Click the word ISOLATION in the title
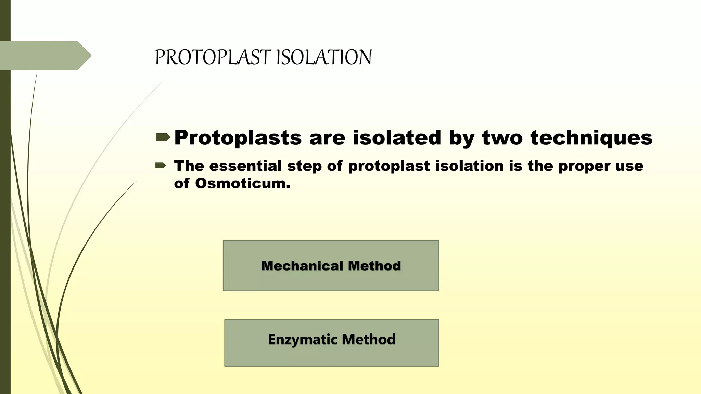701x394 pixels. (x=323, y=57)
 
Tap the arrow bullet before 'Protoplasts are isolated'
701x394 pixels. (x=163, y=137)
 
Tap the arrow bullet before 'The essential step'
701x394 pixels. (x=161, y=166)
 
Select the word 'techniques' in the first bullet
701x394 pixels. (x=591, y=138)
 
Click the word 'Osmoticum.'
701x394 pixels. (x=243, y=183)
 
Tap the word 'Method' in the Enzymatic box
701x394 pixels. (x=369, y=339)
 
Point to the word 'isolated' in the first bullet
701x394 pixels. (x=397, y=138)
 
